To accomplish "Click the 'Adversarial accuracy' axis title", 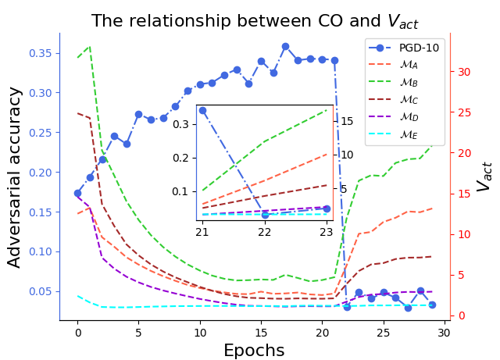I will tap(15, 176).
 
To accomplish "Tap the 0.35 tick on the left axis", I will tap(40, 53).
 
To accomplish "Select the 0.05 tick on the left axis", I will tap(40, 291).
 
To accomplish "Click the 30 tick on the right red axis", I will tap(465, 72).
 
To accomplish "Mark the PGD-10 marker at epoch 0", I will tap(78, 193).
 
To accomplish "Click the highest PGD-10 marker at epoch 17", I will tap(285, 47).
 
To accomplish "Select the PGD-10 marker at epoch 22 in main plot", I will tap(347, 307).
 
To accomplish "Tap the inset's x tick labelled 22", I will tap(265, 232).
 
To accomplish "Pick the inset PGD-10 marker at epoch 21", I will tap(203, 111).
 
